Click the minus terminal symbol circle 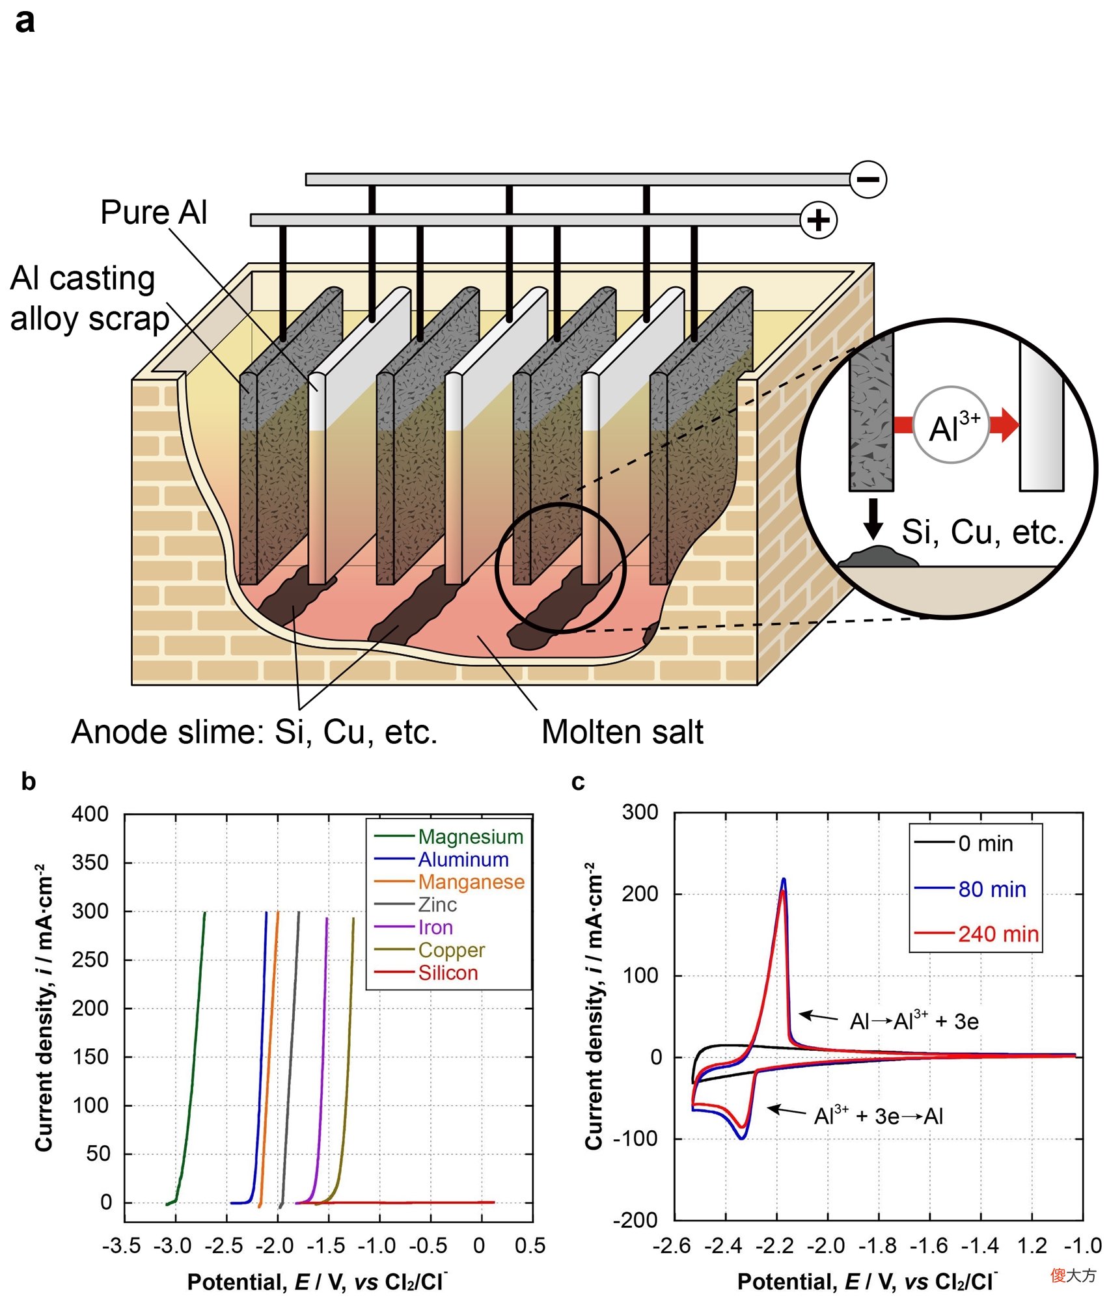click(868, 179)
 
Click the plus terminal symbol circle click(818, 220)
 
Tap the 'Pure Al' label click(154, 212)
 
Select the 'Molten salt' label click(622, 731)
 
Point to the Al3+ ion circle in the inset click(951, 425)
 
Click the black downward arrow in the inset click(873, 519)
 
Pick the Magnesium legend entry click(449, 836)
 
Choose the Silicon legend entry click(426, 973)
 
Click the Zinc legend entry click(415, 904)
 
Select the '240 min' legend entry click(976, 934)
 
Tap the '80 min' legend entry click(970, 889)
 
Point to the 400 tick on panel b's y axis click(90, 813)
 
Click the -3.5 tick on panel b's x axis click(122, 1245)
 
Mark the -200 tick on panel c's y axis click(636, 1220)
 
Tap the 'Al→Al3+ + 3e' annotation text click(914, 1021)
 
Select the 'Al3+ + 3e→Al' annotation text click(879, 1116)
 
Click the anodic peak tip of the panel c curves click(784, 879)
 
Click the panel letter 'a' click(25, 21)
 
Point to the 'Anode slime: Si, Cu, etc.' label click(254, 731)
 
